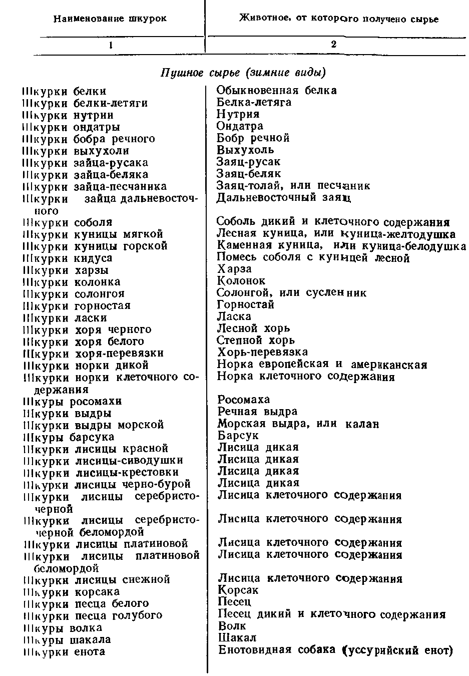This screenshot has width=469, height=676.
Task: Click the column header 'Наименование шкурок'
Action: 110,19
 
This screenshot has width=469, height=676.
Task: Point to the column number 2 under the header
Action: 333,44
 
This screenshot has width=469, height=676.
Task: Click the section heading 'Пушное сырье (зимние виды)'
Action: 243,73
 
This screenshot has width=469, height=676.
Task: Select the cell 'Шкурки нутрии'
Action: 68,115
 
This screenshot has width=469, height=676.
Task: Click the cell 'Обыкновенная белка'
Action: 276,91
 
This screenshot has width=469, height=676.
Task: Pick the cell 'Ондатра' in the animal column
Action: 240,126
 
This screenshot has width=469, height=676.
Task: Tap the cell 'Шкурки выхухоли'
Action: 76,151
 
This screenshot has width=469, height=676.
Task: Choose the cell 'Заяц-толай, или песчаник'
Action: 293,186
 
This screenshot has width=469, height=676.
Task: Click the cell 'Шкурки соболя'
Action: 68,222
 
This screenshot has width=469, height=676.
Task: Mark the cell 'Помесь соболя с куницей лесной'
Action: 313,258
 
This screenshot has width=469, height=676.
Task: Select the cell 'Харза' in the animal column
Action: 234,269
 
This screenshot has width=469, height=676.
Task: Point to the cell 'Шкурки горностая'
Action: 77,305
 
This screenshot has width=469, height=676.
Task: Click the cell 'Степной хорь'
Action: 256,341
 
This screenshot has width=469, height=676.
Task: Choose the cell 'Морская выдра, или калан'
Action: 298,424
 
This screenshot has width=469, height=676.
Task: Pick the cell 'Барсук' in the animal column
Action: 238,436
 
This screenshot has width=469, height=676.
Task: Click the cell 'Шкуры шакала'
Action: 67,640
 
